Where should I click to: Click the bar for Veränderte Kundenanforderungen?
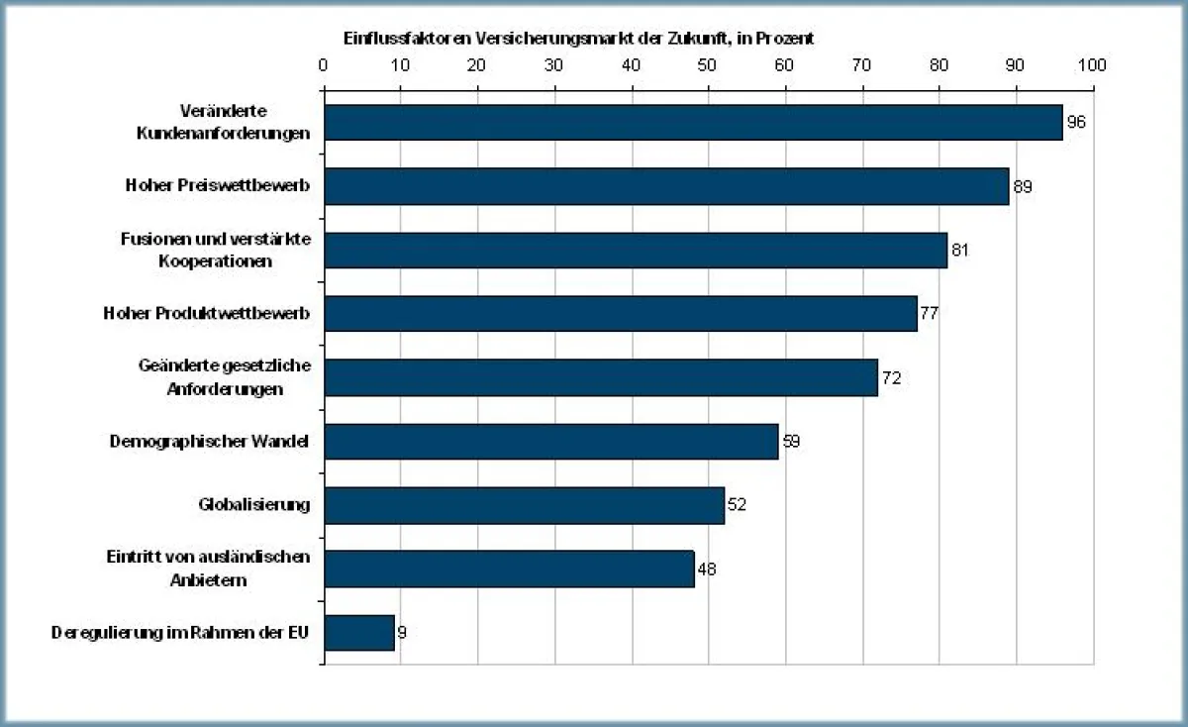(693, 123)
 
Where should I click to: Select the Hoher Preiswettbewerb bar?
(666, 186)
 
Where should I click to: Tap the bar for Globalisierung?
(524, 504)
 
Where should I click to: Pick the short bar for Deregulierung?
(359, 632)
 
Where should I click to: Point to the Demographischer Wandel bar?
(550, 441)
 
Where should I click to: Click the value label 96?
(1075, 123)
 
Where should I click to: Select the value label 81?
(958, 250)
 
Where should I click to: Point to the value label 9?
(402, 632)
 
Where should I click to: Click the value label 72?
(890, 377)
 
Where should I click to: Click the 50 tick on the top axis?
(708, 65)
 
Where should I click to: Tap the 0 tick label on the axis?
(324, 65)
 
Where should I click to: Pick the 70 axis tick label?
(861, 65)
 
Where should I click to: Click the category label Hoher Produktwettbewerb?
(207, 314)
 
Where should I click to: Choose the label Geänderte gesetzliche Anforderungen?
(225, 377)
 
